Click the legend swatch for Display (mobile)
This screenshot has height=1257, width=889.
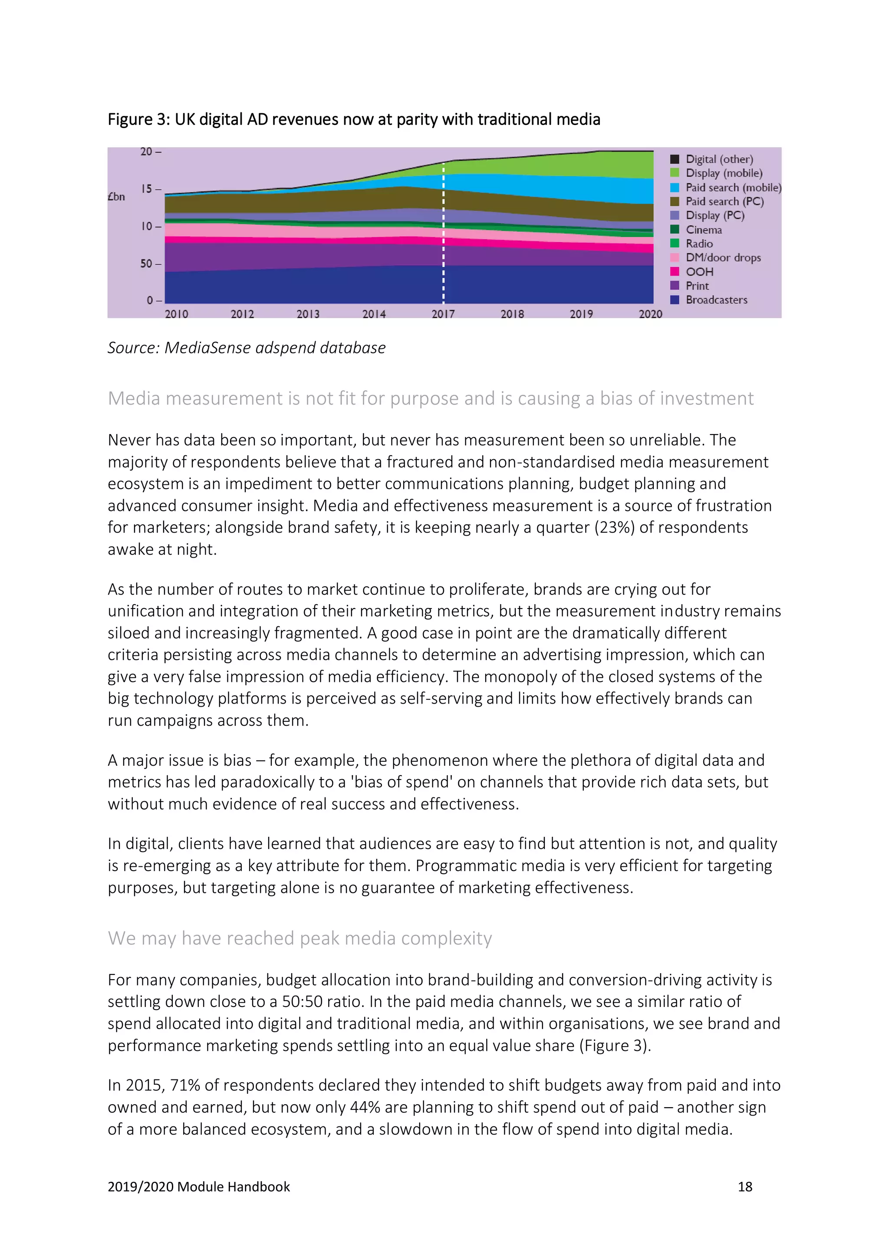(675, 173)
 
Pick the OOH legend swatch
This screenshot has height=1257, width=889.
(675, 272)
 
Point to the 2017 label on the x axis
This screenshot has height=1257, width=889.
(443, 314)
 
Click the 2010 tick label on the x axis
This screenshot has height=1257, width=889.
(176, 314)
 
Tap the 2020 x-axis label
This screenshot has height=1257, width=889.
(650, 314)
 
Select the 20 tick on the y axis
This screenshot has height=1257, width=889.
(146, 151)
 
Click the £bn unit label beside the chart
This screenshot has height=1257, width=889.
(116, 197)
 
